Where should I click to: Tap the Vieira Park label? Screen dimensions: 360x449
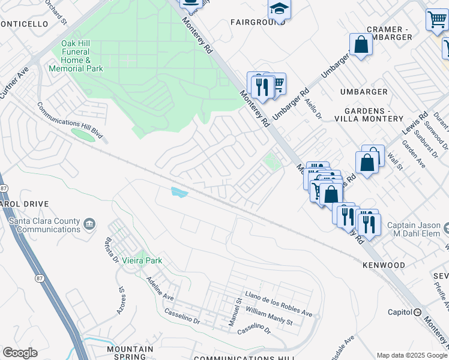[142, 261]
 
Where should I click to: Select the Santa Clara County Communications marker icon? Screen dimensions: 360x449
[89, 224]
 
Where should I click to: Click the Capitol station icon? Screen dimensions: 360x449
[417, 312]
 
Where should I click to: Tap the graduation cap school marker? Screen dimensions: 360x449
[279, 8]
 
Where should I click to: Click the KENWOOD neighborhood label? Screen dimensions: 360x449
[384, 265]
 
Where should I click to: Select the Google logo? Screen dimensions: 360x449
[19, 353]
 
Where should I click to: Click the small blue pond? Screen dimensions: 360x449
[179, 192]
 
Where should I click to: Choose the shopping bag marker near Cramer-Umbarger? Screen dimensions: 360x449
[361, 44]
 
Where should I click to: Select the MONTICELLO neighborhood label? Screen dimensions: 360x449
[23, 24]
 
